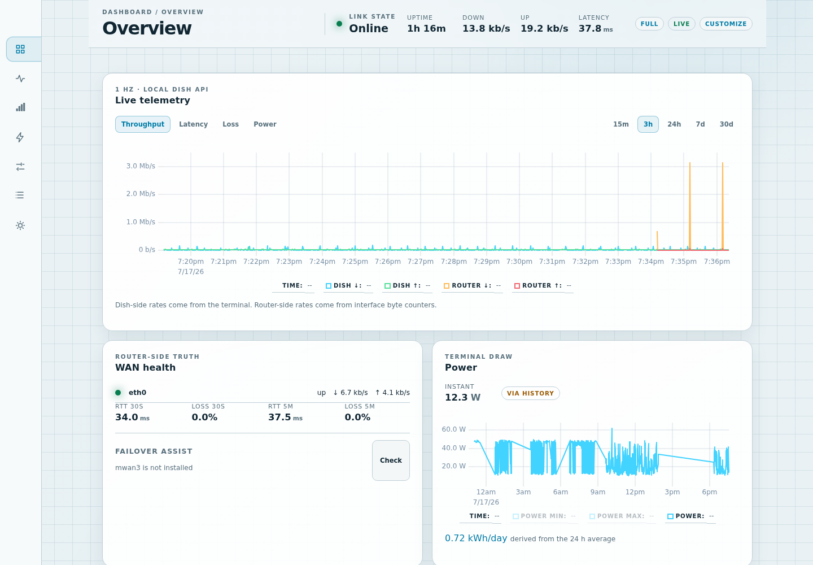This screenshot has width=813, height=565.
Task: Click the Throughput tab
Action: coord(143,124)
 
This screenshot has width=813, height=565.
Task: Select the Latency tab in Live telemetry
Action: coord(194,124)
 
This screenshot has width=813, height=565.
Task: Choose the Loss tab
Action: coord(230,124)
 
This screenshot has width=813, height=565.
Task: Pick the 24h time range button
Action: coord(674,124)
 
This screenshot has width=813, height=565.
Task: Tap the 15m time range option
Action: coord(620,124)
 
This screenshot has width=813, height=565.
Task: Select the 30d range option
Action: coord(726,124)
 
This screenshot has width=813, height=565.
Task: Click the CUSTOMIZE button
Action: coord(726,24)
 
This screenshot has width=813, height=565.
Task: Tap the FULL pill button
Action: coord(649,24)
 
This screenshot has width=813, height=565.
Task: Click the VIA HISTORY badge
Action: coord(530,393)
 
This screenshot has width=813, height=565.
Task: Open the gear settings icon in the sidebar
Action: coord(20,225)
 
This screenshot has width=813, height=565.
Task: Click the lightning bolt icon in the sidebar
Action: coord(20,137)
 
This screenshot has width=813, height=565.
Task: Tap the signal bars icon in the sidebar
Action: coord(20,107)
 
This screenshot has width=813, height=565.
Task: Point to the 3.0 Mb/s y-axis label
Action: coord(141,166)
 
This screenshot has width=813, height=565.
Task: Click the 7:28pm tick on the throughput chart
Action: coord(454,262)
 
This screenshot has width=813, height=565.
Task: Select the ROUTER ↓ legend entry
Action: coord(472,285)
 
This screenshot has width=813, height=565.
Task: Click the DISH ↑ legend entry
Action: coord(408,285)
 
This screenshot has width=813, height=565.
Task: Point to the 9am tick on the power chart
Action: coord(598,492)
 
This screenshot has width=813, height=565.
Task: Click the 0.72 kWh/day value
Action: coord(476,538)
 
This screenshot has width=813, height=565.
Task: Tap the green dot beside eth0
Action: coord(118,393)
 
